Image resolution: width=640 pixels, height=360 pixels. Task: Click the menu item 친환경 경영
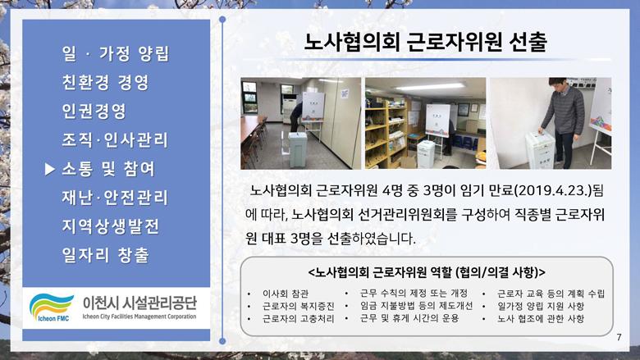105,82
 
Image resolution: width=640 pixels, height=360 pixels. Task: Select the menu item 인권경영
94,111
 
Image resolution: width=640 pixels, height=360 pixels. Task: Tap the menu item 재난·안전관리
115,198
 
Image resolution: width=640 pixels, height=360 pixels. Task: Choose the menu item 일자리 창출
105,255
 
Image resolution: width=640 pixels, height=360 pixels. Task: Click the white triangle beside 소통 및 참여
49,169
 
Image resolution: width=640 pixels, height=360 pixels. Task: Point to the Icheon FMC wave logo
51,306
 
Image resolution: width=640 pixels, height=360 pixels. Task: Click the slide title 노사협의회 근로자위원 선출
426,43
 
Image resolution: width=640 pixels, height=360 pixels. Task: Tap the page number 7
619,337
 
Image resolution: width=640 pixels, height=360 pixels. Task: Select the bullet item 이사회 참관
286,294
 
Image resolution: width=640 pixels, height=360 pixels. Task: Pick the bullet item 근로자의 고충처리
299,319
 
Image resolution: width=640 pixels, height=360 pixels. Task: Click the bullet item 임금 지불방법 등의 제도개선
416,306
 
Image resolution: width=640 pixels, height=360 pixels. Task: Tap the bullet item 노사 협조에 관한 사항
541,319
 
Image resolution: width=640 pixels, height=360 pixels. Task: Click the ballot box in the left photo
298,149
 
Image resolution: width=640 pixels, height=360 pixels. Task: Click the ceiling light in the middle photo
430,86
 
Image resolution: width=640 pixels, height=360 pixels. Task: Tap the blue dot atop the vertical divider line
222,19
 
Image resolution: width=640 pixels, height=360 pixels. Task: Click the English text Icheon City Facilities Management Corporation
139,317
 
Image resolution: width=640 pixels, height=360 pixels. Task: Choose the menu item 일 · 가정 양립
116,54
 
